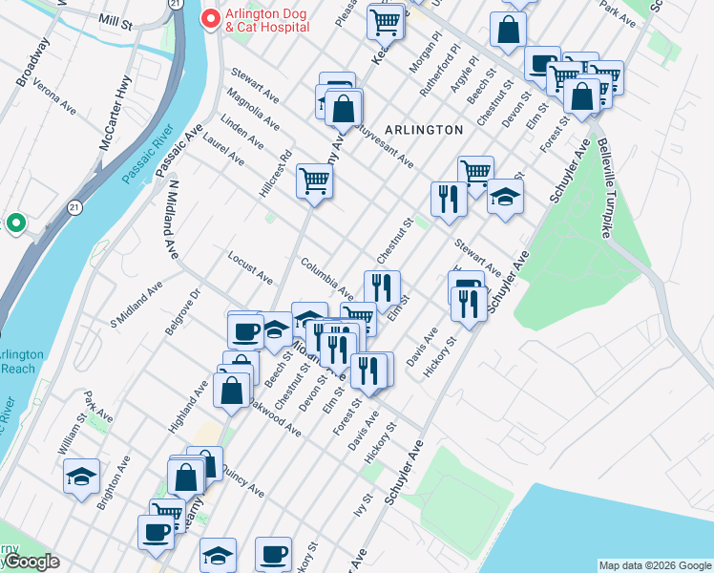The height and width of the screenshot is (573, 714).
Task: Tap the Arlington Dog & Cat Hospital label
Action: click(x=266, y=20)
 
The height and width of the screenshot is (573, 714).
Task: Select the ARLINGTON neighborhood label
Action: click(x=424, y=129)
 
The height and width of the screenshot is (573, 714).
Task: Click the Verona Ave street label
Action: click(x=54, y=99)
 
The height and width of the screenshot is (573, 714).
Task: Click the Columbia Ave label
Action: click(x=326, y=276)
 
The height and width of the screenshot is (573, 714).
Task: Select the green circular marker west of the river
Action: click(x=15, y=223)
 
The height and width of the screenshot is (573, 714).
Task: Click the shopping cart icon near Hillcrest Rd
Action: click(x=313, y=180)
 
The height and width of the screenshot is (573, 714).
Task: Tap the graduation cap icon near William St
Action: click(x=81, y=475)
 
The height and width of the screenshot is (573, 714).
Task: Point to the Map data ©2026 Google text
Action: click(x=654, y=565)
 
